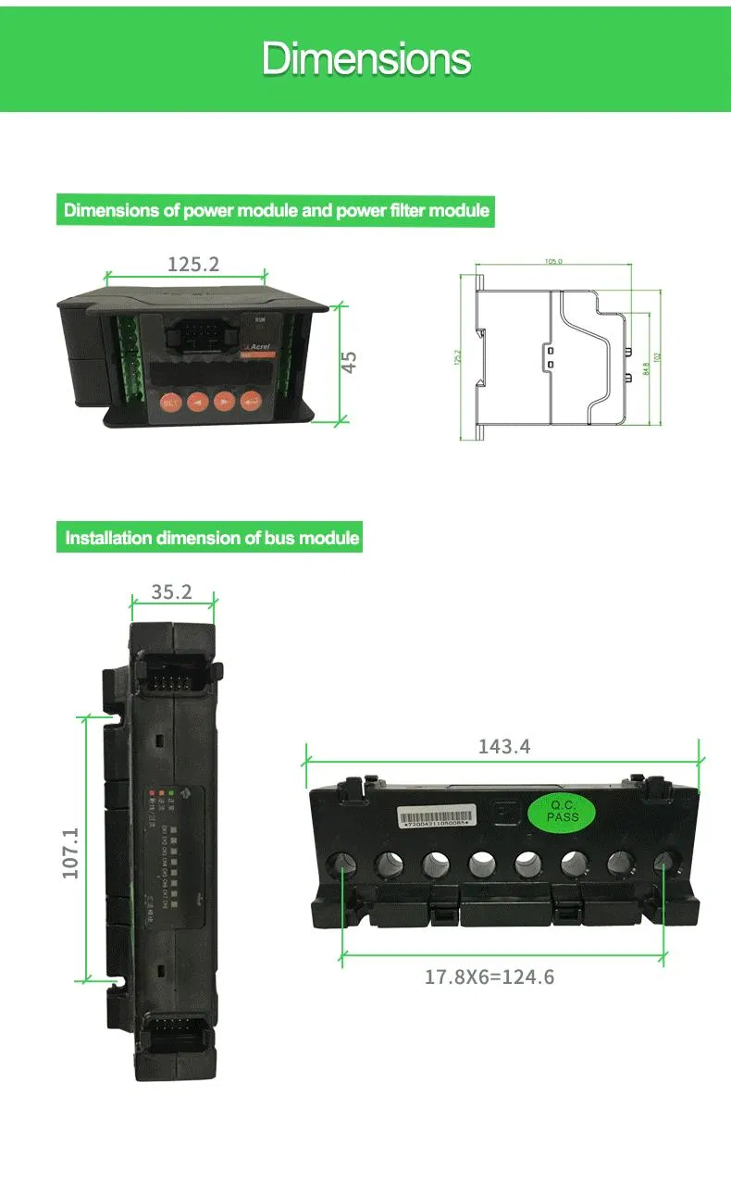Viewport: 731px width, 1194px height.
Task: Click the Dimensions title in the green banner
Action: tap(366, 59)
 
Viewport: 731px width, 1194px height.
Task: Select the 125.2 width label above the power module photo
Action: tap(193, 265)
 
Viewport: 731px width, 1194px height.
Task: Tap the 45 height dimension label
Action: tap(349, 362)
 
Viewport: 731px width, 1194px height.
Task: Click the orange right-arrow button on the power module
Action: tap(224, 401)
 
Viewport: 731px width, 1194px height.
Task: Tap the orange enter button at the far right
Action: tap(251, 401)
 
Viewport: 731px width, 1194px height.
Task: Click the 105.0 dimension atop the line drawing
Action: tap(553, 262)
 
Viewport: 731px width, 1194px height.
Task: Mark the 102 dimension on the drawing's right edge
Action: tap(658, 356)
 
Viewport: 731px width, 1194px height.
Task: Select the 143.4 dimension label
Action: tap(504, 746)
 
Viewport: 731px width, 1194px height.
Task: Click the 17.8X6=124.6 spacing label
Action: tap(489, 976)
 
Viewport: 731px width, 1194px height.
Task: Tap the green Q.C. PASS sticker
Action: tap(563, 812)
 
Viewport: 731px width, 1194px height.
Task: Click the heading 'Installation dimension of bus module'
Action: tap(211, 538)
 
